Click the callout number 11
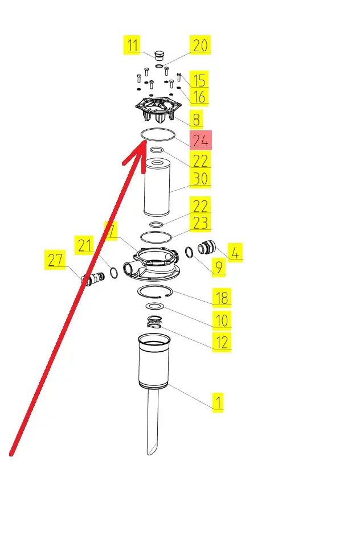pyautogui.click(x=132, y=45)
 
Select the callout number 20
pyautogui.click(x=201, y=45)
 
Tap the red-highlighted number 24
pyautogui.click(x=201, y=141)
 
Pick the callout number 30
pyautogui.click(x=201, y=179)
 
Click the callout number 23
pyautogui.click(x=201, y=223)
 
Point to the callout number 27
pyautogui.click(x=55, y=260)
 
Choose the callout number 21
pyautogui.click(x=84, y=245)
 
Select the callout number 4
pyautogui.click(x=235, y=252)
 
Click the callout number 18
pyautogui.click(x=222, y=298)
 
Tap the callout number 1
pyautogui.click(x=218, y=402)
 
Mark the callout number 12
pyautogui.click(x=222, y=342)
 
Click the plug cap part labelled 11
pyautogui.click(x=159, y=55)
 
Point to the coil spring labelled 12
pyautogui.click(x=154, y=322)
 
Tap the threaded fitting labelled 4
pyautogui.click(x=207, y=248)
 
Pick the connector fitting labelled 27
pyautogui.click(x=92, y=278)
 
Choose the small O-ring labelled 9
pyautogui.click(x=189, y=252)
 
